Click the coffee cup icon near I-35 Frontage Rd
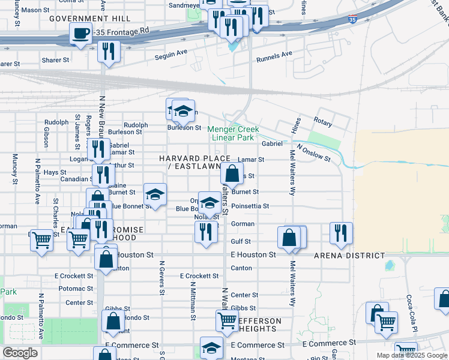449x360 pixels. click(80, 34)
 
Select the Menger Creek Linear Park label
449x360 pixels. click(234, 133)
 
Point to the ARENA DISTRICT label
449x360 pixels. click(349, 255)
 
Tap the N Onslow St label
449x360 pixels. click(313, 154)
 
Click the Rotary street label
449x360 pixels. click(322, 122)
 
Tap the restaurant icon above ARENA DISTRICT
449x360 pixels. click(341, 233)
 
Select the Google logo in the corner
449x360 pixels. click(19, 353)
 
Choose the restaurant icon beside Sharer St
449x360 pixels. click(109, 52)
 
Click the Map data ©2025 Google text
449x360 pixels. click(412, 355)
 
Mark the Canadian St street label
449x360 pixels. click(75, 179)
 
